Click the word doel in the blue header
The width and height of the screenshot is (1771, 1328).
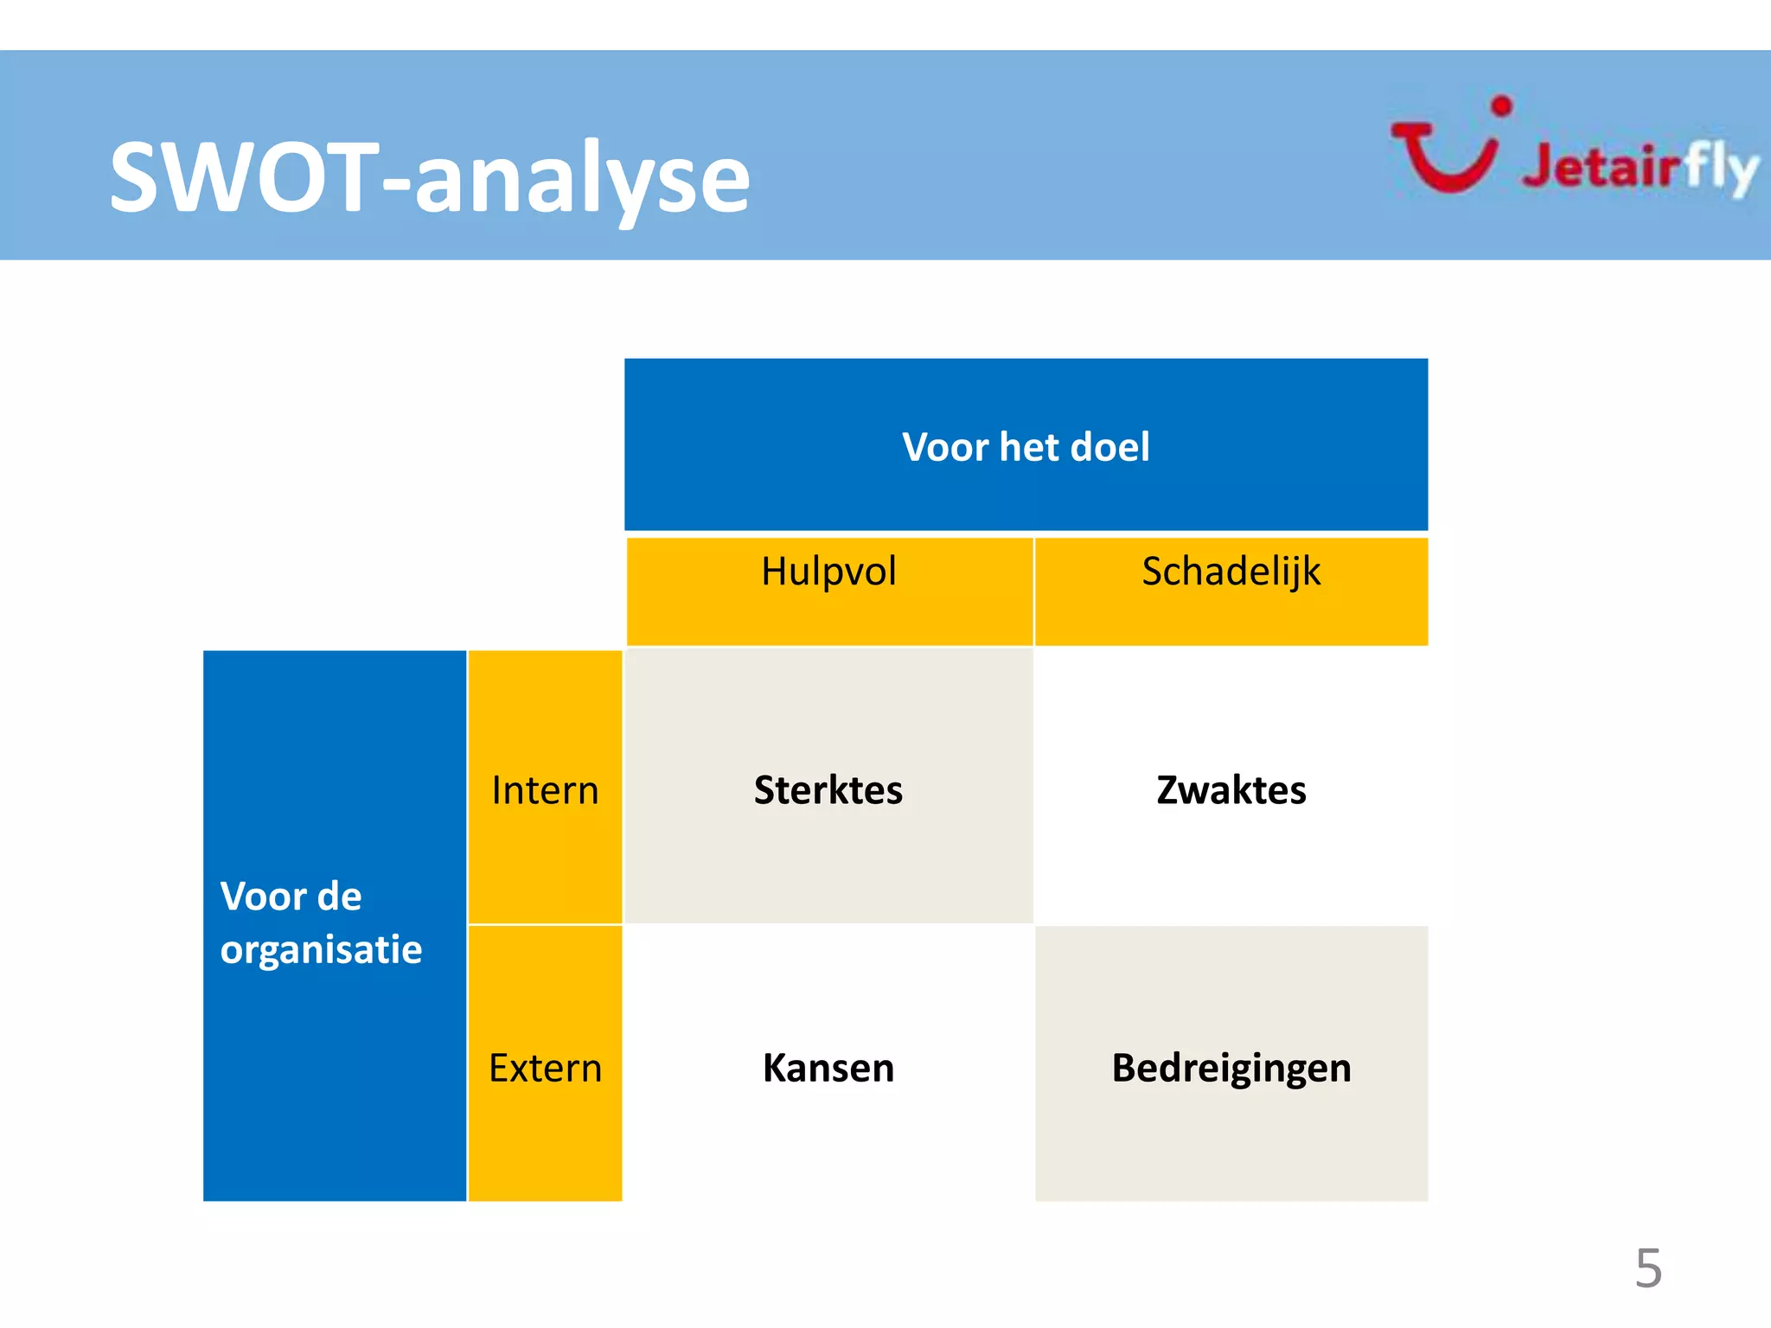point(1109,447)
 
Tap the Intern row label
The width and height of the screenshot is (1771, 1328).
point(545,789)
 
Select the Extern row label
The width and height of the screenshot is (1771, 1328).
point(545,1068)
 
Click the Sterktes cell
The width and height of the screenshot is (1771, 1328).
point(828,789)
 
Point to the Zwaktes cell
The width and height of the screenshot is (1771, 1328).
point(1231,789)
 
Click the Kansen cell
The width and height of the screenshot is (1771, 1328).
point(828,1068)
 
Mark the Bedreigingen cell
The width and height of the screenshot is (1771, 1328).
point(1231,1068)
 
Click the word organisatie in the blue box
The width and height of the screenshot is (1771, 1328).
point(321,950)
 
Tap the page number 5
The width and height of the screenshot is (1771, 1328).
point(1648,1268)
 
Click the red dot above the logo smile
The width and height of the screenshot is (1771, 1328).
point(1502,106)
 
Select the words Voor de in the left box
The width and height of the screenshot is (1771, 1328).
point(291,897)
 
